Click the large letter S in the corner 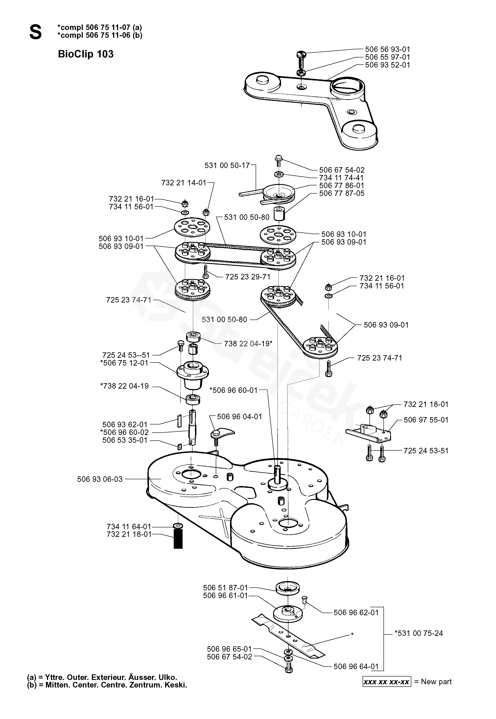(x=35, y=32)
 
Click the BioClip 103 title (x=86, y=54)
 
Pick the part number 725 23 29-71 (x=248, y=277)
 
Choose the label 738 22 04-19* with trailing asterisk (x=248, y=344)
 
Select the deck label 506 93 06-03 (x=100, y=479)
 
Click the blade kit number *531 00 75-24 (x=419, y=633)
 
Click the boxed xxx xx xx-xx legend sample (x=387, y=681)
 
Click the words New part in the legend (x=436, y=681)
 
